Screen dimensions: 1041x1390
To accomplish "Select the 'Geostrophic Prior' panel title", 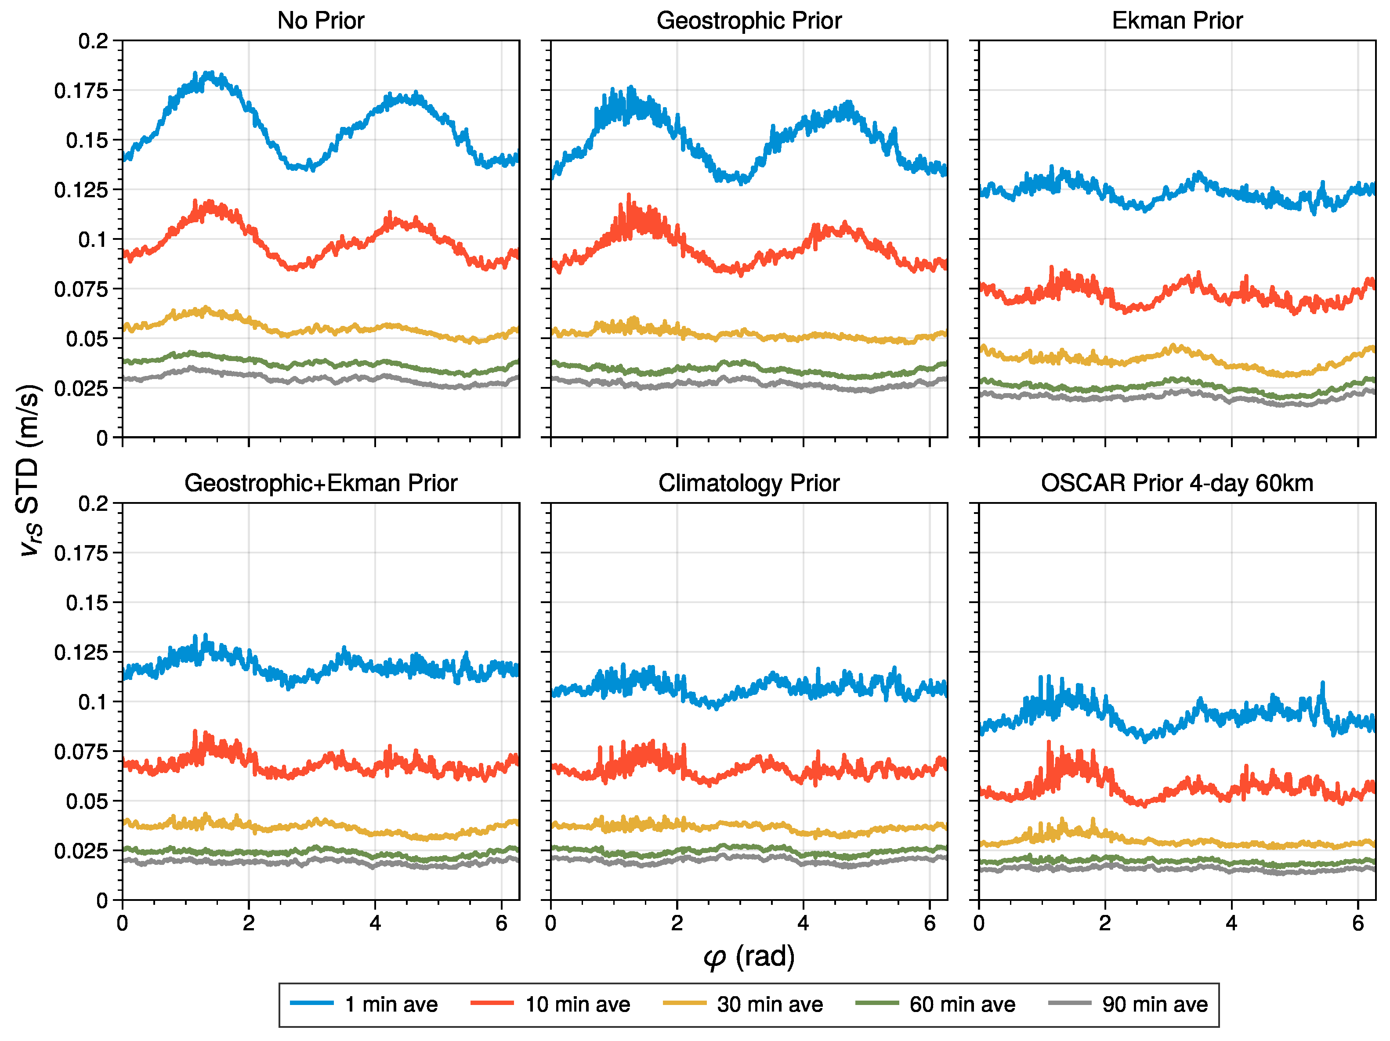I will [749, 21].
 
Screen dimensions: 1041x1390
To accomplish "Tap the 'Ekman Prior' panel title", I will [1177, 21].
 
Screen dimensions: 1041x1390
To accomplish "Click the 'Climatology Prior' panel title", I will [749, 483].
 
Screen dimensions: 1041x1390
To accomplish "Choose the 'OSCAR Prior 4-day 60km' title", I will [1177, 483].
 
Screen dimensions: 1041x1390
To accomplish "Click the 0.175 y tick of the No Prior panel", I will [81, 90].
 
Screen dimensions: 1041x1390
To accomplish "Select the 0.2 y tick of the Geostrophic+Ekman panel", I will [93, 504].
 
